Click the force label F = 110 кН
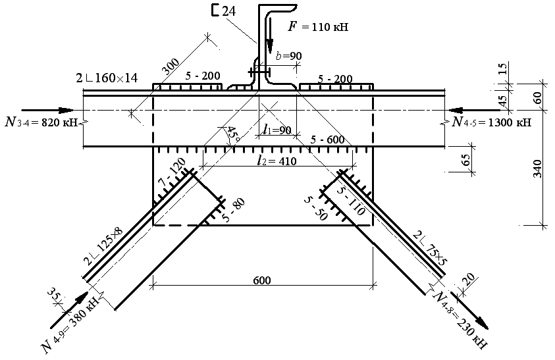pyautogui.click(x=318, y=27)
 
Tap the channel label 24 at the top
pyautogui.click(x=229, y=11)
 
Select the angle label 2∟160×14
pyautogui.click(x=107, y=78)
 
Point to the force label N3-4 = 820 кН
pyautogui.click(x=41, y=122)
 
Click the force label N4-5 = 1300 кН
pyautogui.click(x=492, y=122)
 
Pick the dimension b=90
pyautogui.click(x=288, y=56)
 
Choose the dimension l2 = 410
pyautogui.click(x=277, y=161)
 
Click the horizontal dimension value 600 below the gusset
pyautogui.click(x=262, y=281)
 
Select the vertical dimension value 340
pyautogui.click(x=537, y=168)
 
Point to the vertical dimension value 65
pyautogui.click(x=466, y=160)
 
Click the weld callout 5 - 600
pyautogui.click(x=327, y=140)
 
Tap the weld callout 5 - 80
pyautogui.click(x=234, y=210)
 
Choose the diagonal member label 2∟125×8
pyautogui.click(x=103, y=246)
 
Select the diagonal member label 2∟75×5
pyautogui.click(x=431, y=248)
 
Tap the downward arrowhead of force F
pyautogui.click(x=270, y=45)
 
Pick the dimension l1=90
pyautogui.click(x=277, y=130)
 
